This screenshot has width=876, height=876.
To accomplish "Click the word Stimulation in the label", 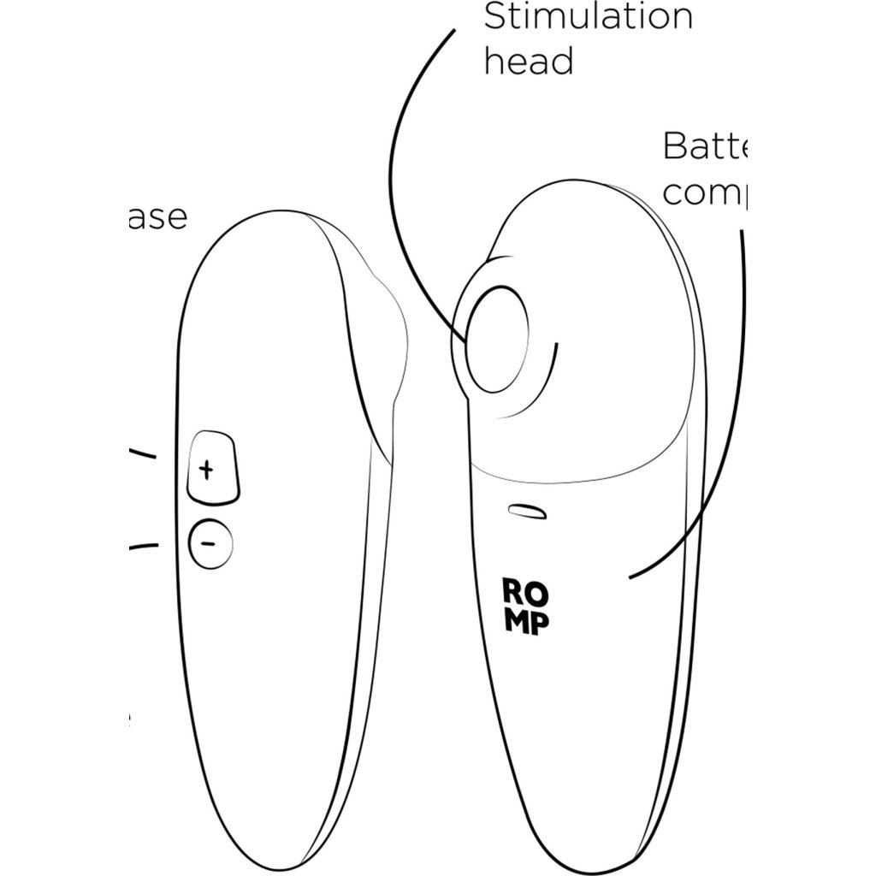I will pos(588,17).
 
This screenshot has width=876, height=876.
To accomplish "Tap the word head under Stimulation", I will pos(528,62).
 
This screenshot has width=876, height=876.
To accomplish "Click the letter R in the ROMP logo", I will pos(512,591).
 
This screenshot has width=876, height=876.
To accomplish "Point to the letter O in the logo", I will pos(535,591).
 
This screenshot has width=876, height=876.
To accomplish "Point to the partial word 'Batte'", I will pos(705,147).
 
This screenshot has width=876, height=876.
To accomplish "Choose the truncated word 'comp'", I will pos(705,193).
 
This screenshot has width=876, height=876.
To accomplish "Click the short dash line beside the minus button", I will pos(143,545).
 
